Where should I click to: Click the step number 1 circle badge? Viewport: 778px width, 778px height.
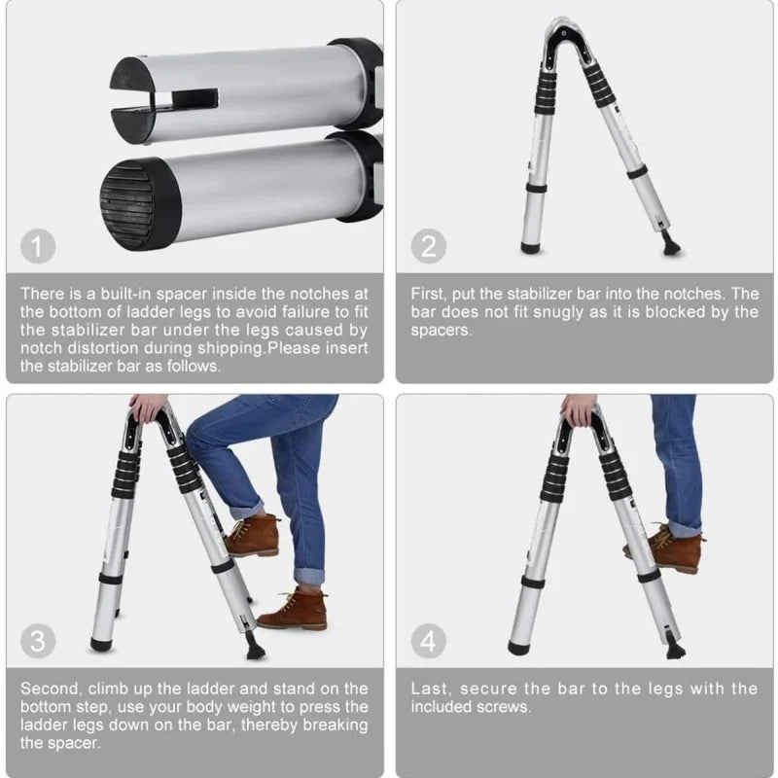38,246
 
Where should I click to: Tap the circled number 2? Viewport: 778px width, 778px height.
428,246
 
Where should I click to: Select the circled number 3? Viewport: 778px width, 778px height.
38,641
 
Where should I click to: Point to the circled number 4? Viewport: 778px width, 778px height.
428,641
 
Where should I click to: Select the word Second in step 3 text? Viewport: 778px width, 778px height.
50,689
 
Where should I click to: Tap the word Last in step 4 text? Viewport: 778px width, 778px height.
429,689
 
